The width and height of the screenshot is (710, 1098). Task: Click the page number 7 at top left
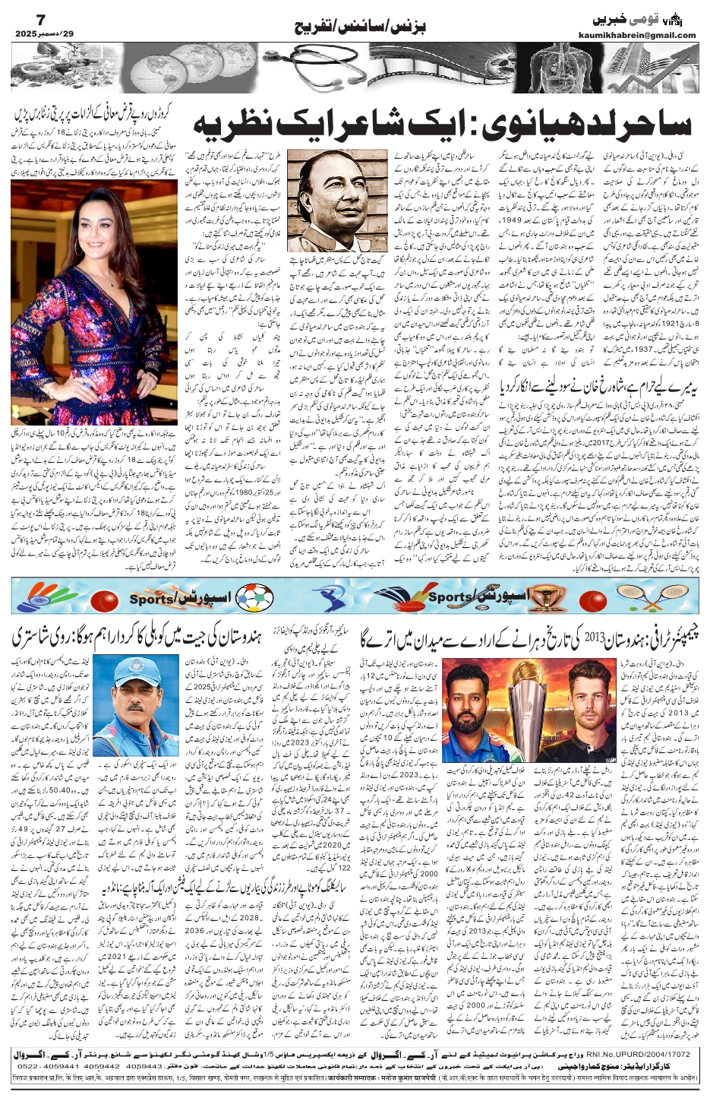(21, 16)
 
